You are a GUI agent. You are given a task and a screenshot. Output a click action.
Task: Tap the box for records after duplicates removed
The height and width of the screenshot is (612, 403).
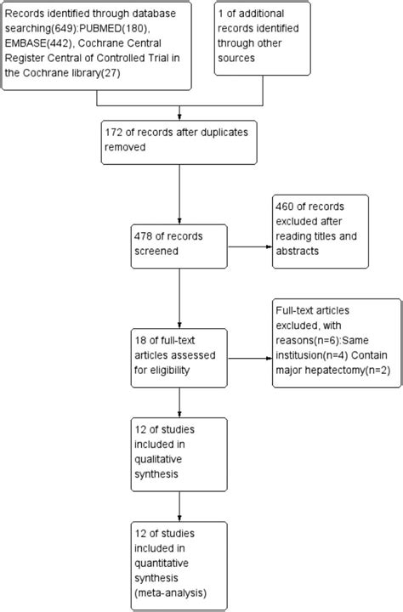(x=178, y=143)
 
